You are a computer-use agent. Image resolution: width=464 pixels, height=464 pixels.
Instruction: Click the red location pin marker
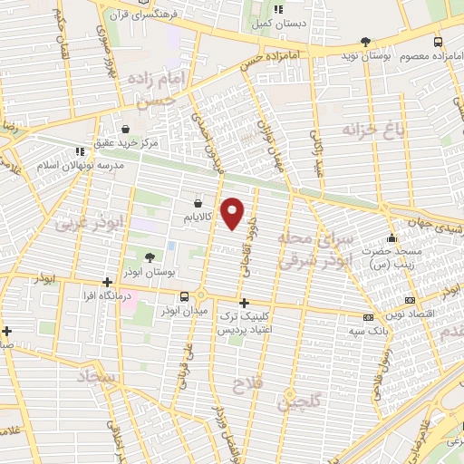[x=233, y=212]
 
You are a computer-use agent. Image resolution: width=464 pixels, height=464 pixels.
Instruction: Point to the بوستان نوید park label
[x=338, y=56]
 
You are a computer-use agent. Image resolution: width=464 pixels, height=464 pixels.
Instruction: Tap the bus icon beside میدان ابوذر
[x=185, y=295]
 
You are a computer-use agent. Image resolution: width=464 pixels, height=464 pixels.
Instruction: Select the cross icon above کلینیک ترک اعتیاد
[x=243, y=303]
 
